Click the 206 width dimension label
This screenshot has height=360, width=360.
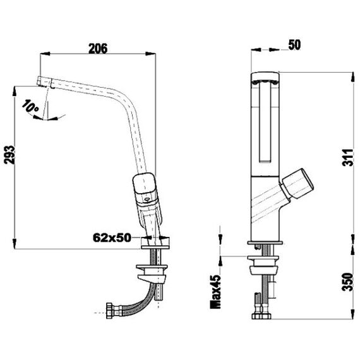click(98, 49)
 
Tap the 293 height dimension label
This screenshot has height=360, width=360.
click(10, 155)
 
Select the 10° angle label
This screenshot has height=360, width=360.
click(30, 106)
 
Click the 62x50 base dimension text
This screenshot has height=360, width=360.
click(112, 237)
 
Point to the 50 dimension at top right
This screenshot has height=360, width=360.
click(294, 45)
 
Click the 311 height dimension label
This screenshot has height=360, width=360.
click(347, 157)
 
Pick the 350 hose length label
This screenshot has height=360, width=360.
click(347, 282)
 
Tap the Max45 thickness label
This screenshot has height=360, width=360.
click(215, 292)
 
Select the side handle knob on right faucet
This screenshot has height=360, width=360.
click(297, 183)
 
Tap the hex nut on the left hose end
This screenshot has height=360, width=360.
click(109, 311)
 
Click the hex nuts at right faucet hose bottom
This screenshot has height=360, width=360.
click(261, 316)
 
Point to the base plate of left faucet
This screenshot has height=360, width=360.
click(155, 247)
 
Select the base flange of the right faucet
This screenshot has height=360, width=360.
click(265, 243)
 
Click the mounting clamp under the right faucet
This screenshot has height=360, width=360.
click(263, 265)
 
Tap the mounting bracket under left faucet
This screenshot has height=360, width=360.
click(152, 274)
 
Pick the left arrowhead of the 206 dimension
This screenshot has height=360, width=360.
click(45, 54)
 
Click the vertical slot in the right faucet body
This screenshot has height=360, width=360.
click(265, 123)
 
